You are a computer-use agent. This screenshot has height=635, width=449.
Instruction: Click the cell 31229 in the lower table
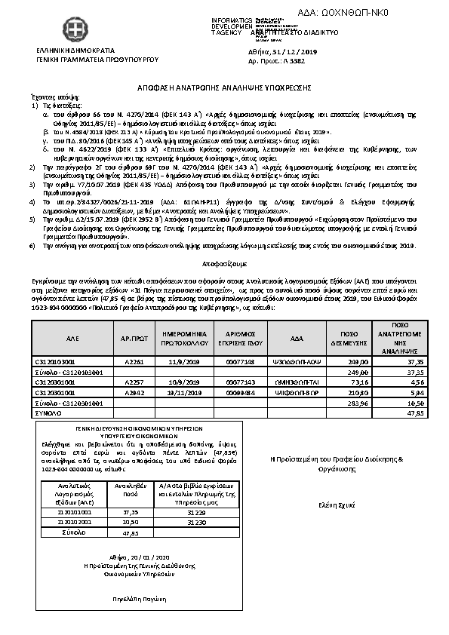click(174, 511)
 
